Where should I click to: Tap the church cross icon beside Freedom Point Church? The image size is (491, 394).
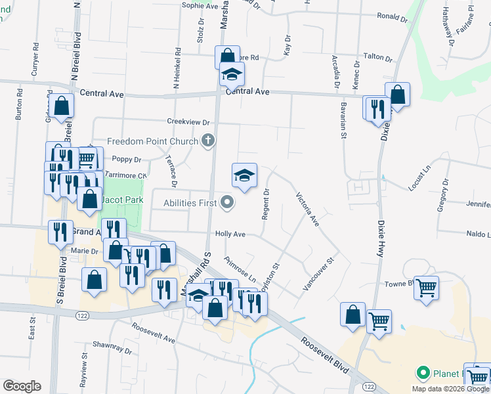(x=208, y=139)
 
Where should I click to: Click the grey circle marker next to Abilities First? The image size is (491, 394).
(x=227, y=202)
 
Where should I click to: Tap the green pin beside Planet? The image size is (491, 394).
(x=423, y=373)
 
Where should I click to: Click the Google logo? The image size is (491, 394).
(x=22, y=385)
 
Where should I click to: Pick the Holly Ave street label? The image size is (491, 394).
(x=230, y=234)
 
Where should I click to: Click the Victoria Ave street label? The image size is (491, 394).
(x=307, y=209)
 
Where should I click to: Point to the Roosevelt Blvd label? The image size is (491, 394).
(x=325, y=356)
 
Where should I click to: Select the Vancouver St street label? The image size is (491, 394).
(x=318, y=274)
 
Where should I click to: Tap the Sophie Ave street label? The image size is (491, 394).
(x=200, y=6)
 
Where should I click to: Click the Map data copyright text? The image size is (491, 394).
(x=450, y=389)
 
